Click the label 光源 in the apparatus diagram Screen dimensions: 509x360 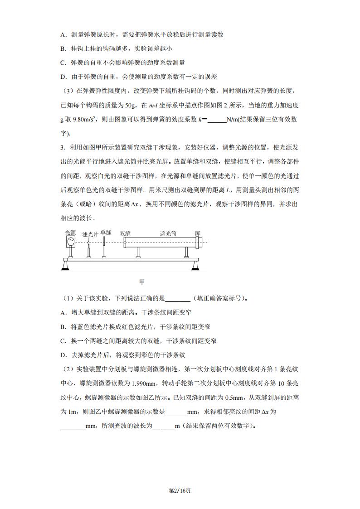coord(70,232)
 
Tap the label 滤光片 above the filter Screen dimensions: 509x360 coord(90,234)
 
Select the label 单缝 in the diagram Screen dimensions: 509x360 coord(106,232)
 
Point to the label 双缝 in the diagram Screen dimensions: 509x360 coord(125,233)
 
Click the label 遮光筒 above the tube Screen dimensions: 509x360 coord(168,233)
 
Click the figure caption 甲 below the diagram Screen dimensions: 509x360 coord(142,282)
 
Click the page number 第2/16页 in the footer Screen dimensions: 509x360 coord(180,490)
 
